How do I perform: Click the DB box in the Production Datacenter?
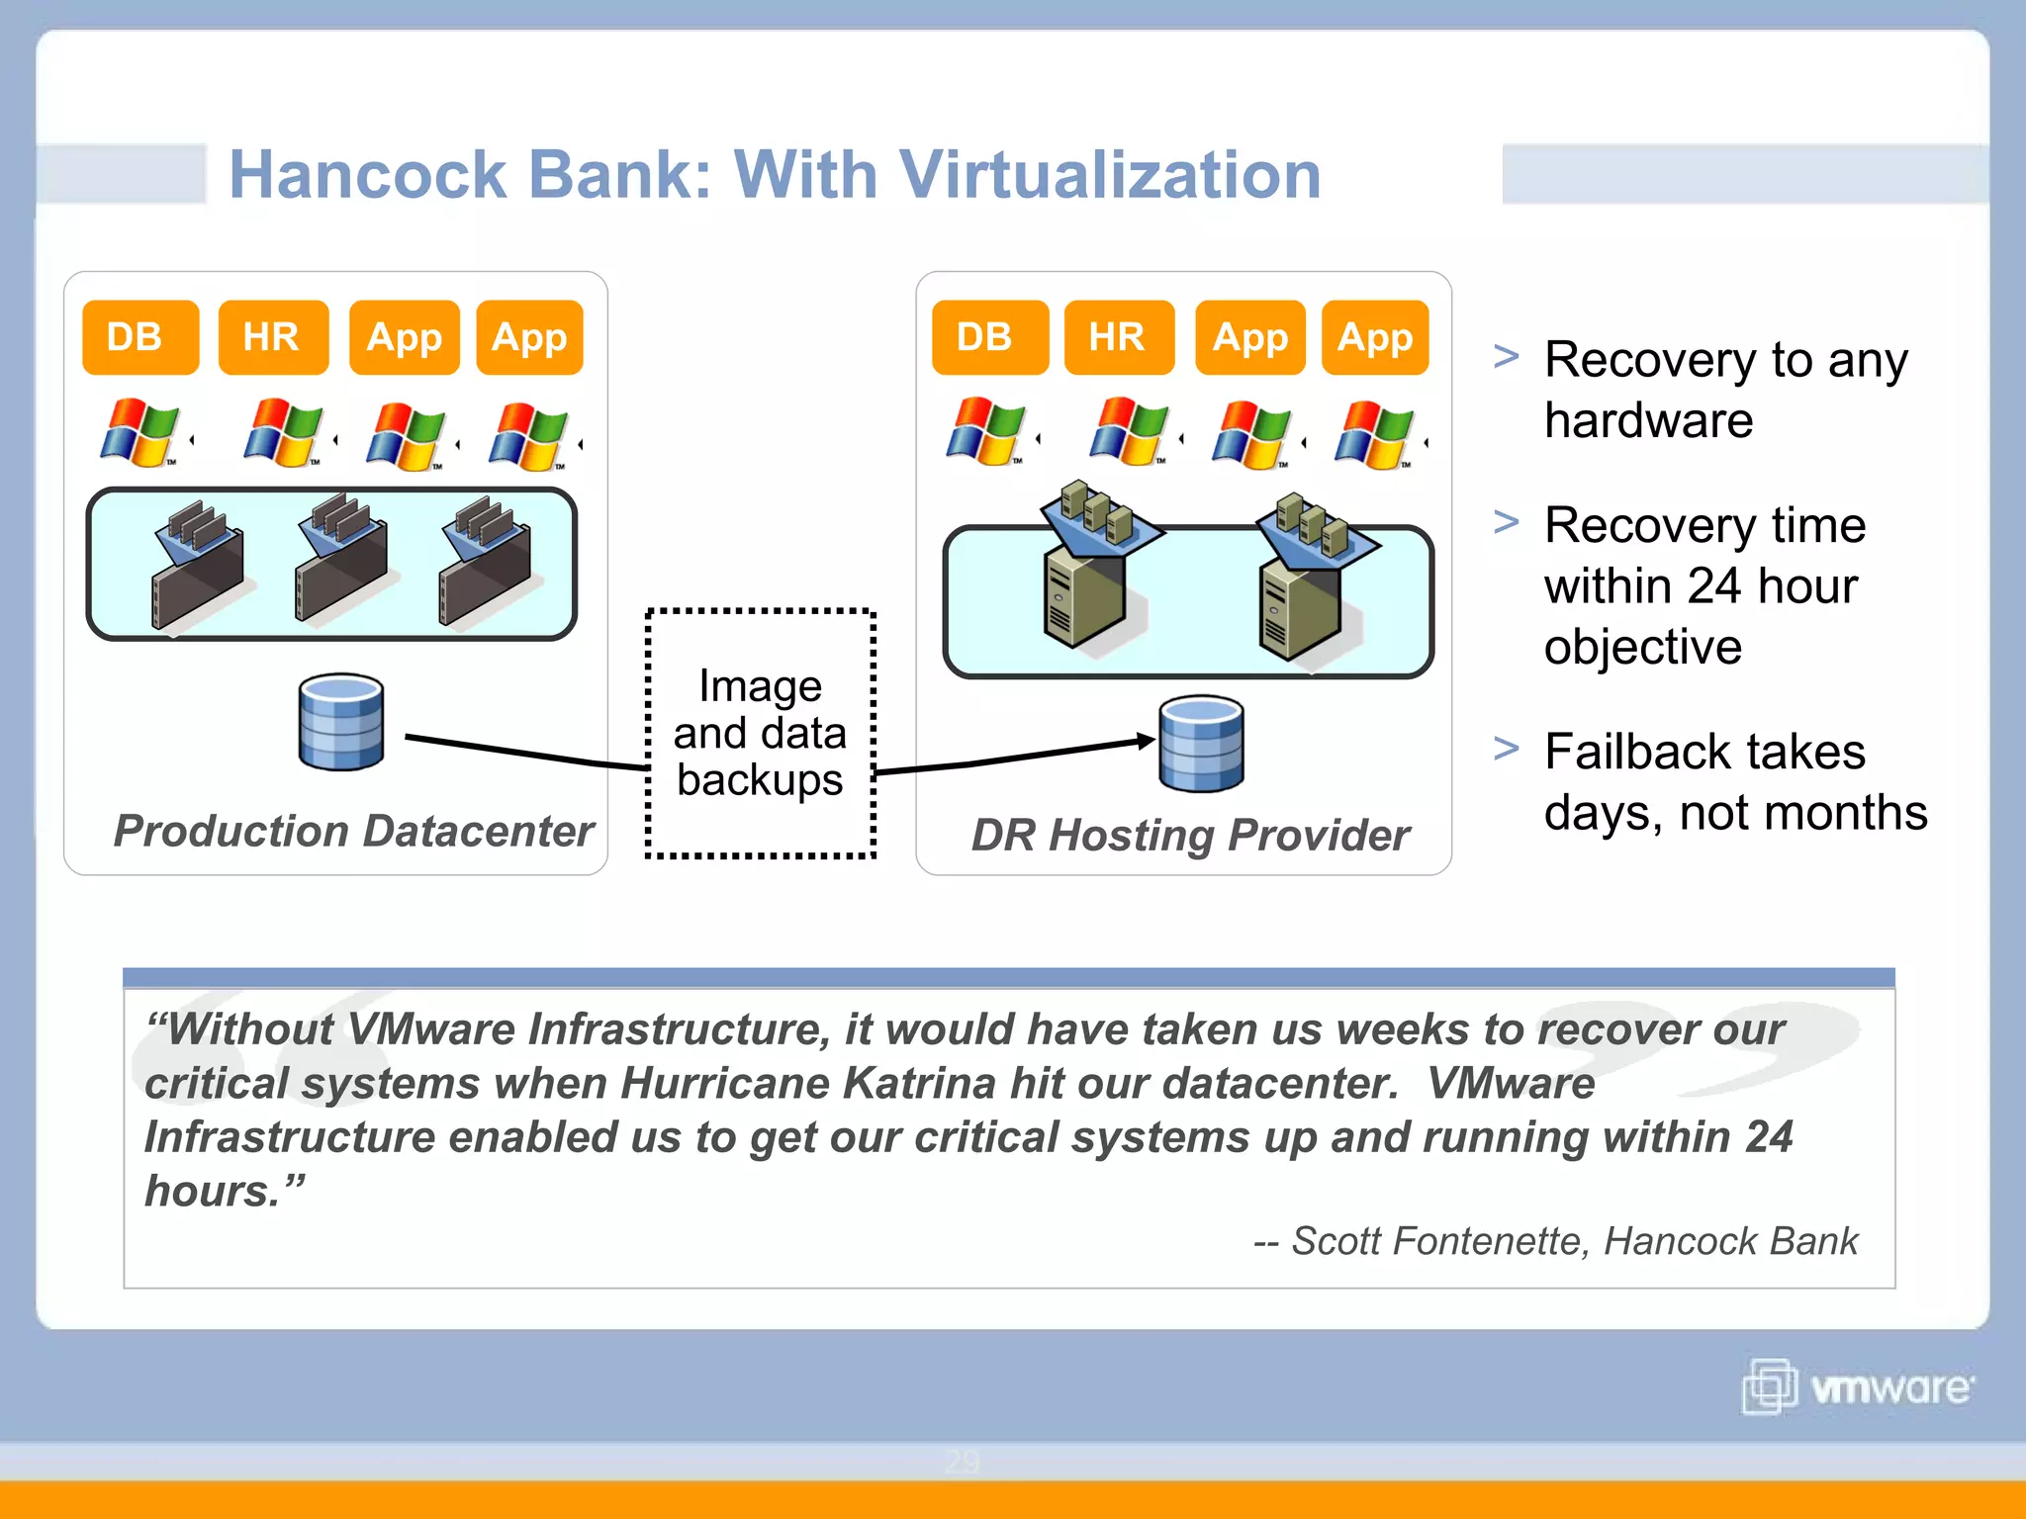coord(139,337)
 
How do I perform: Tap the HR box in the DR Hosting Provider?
coord(1119,337)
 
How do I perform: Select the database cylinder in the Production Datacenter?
coord(341,722)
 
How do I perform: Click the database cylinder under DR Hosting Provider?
coord(1201,744)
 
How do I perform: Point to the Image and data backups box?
coord(760,733)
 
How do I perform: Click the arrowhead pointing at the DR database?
coord(1147,740)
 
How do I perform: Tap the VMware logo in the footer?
coord(1857,1386)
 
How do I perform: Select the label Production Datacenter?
coord(353,831)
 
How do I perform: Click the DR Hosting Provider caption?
coord(1189,835)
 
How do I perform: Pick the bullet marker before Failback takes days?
coord(1506,749)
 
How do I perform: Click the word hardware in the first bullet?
coord(1648,420)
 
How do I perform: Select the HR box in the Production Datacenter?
coord(273,337)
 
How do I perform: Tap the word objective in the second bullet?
coord(1642,647)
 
